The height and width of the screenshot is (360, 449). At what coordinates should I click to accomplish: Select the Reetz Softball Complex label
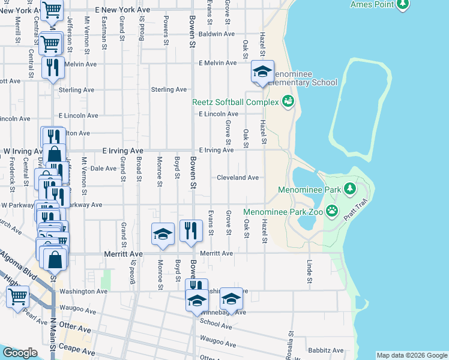pos(235,103)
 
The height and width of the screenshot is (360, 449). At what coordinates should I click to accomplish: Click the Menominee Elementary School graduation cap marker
pos(262,72)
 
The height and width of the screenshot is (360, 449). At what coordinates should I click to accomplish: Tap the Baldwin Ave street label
pos(217,34)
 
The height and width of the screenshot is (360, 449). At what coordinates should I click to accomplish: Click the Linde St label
pos(310,272)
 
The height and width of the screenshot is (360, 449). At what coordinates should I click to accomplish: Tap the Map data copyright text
pos(412,355)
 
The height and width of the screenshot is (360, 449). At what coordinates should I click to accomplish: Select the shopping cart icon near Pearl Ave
pos(18,296)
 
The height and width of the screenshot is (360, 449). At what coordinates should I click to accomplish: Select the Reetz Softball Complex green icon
pos(288,101)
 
